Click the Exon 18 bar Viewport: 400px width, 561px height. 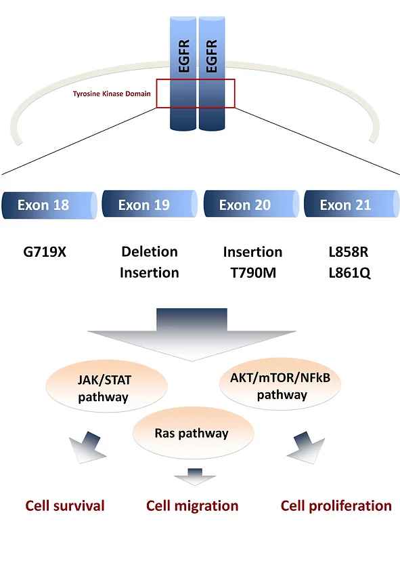click(49, 205)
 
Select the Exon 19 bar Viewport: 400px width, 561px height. click(150, 205)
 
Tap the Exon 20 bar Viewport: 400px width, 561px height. click(251, 205)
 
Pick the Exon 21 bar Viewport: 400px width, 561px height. click(352, 205)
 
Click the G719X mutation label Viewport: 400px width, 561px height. click(45, 252)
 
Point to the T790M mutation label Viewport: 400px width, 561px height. click(253, 273)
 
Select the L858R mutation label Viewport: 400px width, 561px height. click(349, 252)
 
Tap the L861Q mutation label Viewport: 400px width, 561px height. click(350, 273)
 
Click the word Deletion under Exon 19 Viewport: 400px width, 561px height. click(150, 251)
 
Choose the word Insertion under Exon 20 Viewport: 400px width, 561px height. click(252, 252)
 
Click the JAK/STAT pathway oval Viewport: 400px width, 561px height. click(106, 388)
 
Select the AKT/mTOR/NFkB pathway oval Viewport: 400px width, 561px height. click(280, 384)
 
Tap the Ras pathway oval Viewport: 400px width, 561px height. click(193, 433)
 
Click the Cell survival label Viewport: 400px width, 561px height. click(65, 506)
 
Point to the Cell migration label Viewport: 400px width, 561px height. click(192, 506)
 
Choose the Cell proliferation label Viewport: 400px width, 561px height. click(336, 506)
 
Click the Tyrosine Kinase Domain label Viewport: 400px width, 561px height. click(112, 93)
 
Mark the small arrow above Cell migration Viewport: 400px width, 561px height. click(195, 476)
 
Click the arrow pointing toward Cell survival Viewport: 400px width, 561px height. click(89, 447)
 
